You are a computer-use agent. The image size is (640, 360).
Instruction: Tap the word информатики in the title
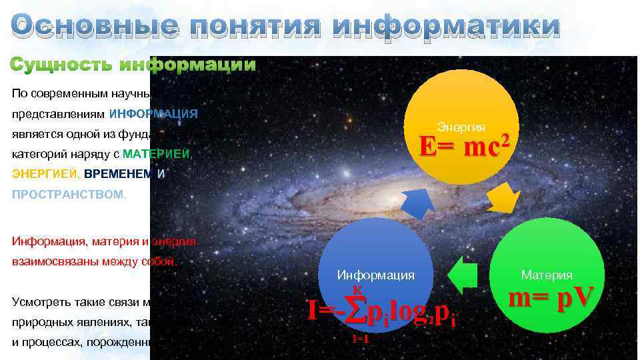446,27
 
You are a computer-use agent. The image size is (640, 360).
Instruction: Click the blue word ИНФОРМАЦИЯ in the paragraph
153,113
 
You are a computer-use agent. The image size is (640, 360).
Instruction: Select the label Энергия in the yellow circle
461,127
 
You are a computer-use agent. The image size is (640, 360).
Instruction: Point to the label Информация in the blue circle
375,275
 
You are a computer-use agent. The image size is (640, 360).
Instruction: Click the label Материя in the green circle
547,275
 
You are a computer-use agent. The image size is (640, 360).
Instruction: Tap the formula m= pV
550,297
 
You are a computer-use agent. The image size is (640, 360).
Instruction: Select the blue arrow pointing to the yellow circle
419,203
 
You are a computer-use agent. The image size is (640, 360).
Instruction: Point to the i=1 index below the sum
360,339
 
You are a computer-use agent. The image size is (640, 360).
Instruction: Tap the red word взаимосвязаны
47,261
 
